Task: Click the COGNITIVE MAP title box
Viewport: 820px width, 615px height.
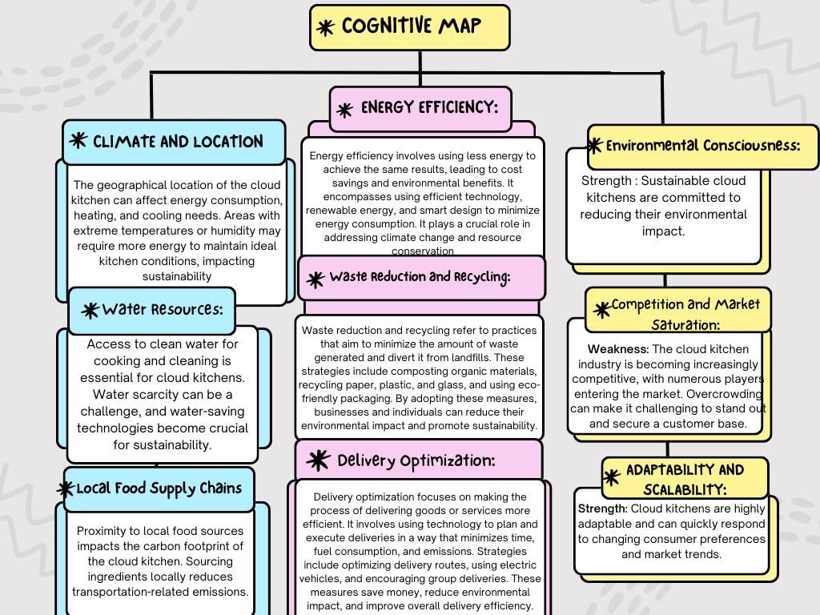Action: (409, 28)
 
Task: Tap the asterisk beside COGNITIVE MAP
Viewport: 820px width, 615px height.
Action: (325, 28)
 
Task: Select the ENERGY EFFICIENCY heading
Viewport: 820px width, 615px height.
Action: (429, 107)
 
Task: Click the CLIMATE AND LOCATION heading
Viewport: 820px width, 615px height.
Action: (178, 141)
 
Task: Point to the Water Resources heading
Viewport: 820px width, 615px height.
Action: (163, 309)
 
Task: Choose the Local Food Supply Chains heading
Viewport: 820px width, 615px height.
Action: (159, 488)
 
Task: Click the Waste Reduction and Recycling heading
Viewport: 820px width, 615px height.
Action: (420, 276)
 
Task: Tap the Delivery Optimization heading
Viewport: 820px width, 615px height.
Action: (416, 460)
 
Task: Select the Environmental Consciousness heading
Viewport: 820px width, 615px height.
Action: (703, 146)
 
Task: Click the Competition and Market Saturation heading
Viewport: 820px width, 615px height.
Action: (685, 314)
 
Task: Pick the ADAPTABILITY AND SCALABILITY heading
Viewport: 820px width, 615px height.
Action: (685, 479)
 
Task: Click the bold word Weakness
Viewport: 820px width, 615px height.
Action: (618, 349)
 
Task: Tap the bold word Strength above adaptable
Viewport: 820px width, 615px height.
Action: (602, 508)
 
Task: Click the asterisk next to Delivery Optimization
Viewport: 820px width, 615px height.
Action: (318, 460)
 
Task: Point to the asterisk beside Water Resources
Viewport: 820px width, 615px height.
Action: (90, 310)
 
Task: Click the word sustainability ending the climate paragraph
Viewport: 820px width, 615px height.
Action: (177, 276)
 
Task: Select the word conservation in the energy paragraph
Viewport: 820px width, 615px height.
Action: (423, 251)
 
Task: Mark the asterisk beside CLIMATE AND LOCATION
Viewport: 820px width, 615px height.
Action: (78, 140)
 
